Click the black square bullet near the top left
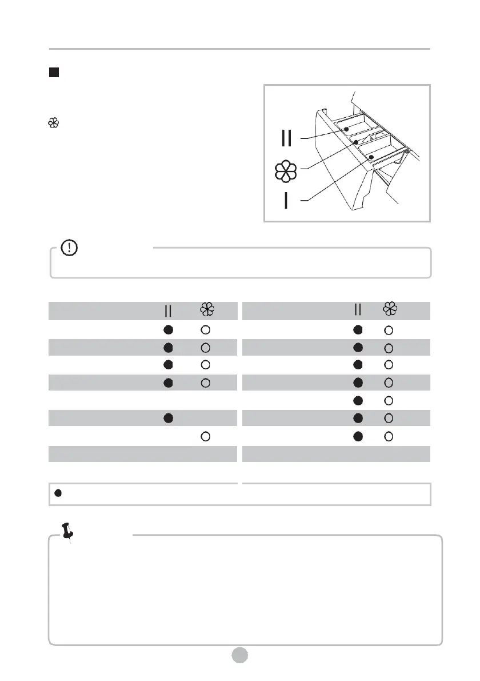[54, 73]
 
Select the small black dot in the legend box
[58, 493]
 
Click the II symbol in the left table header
[168, 310]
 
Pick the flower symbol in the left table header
[206, 310]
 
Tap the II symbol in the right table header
[358, 310]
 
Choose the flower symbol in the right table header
[390, 310]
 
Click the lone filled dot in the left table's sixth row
[168, 418]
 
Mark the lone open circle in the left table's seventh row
[206, 436]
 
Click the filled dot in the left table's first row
[168, 329]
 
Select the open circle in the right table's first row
[389, 329]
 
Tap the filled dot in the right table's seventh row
[358, 436]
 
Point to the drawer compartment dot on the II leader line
[346, 129]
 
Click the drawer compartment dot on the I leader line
[371, 156]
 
